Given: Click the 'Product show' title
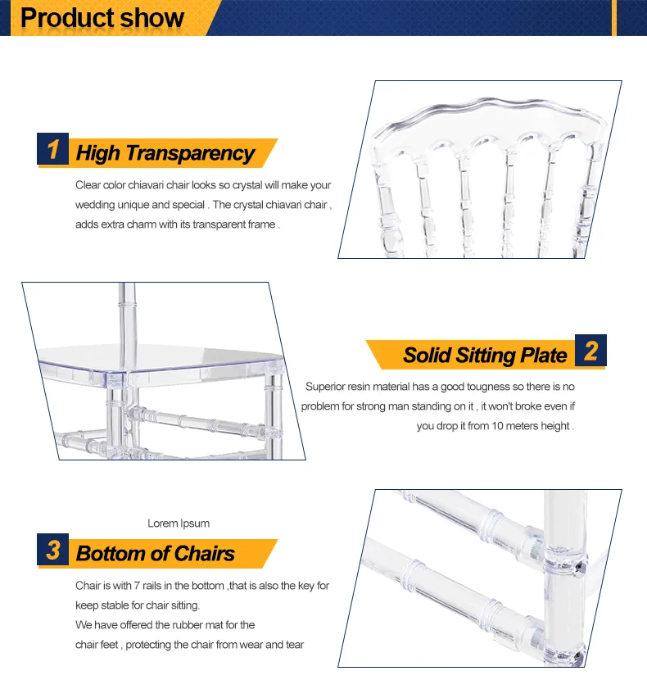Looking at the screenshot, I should pyautogui.click(x=102, y=17).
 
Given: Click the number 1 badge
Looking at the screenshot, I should pyautogui.click(x=53, y=150).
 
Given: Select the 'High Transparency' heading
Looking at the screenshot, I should pyautogui.click(x=165, y=153).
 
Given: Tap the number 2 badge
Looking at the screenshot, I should pyautogui.click(x=590, y=351).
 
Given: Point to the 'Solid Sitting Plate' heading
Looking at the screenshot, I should pyautogui.click(x=485, y=355).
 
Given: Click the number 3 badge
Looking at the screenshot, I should pyautogui.click(x=53, y=550).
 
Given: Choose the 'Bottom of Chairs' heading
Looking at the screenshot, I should pyautogui.click(x=155, y=554).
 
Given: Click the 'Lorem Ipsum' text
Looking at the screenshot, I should pyautogui.click(x=179, y=524).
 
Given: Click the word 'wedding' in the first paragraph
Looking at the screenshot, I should pyautogui.click(x=94, y=205).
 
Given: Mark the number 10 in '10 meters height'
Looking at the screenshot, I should pyautogui.click(x=498, y=426).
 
